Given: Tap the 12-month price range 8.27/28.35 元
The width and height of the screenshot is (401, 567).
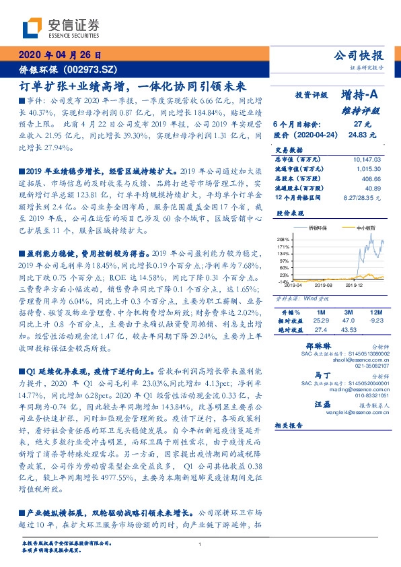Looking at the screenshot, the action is click(x=361, y=199).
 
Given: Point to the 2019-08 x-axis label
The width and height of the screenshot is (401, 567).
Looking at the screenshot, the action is click(x=320, y=286).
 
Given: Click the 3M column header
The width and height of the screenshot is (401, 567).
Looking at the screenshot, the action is click(x=349, y=312).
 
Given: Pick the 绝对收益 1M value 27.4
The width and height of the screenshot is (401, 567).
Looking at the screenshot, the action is click(x=321, y=329).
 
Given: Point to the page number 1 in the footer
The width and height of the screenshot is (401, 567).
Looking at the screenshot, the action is click(x=200, y=545).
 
